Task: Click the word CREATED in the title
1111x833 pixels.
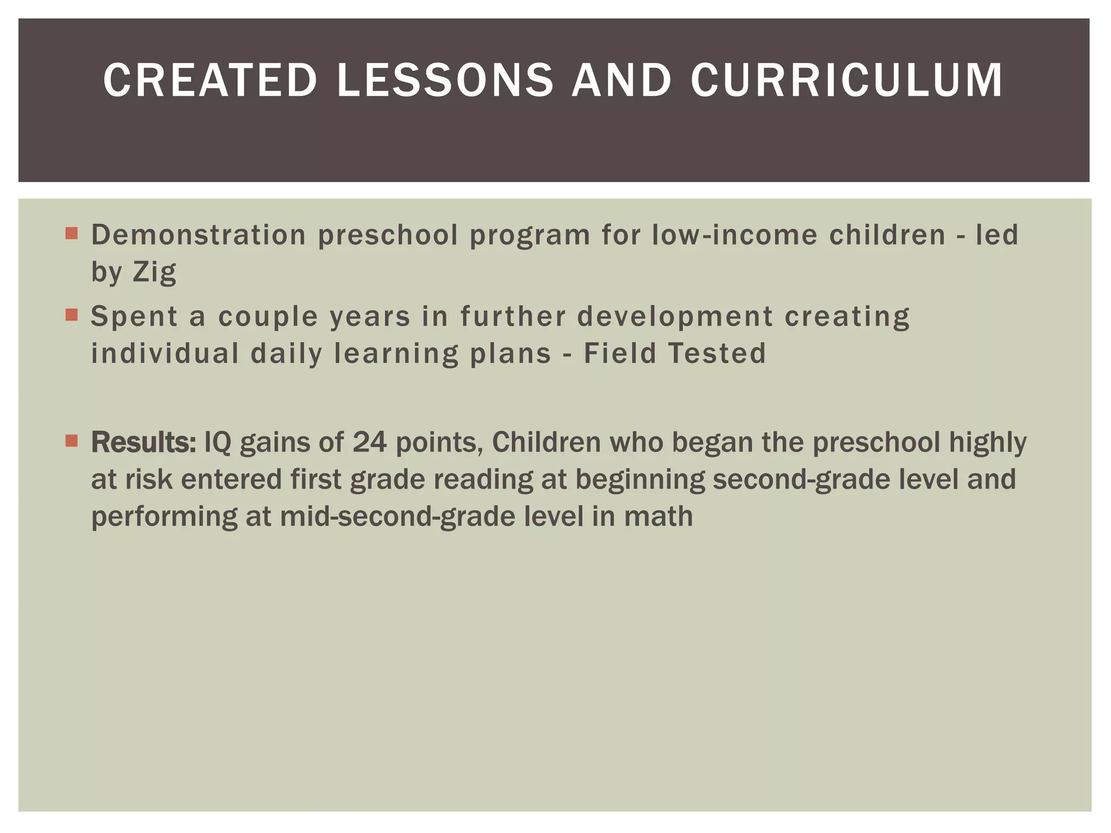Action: point(210,81)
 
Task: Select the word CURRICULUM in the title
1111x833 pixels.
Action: point(847,81)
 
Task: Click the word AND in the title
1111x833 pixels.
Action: point(622,81)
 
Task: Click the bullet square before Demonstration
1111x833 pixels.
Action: point(71,234)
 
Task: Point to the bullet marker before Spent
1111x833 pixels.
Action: point(71,315)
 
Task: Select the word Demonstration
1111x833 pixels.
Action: point(199,235)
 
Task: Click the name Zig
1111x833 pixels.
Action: point(155,272)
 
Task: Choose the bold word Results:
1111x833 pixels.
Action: point(144,443)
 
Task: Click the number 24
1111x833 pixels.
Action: point(369,443)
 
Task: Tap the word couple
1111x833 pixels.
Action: point(268,317)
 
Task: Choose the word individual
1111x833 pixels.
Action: point(165,354)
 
